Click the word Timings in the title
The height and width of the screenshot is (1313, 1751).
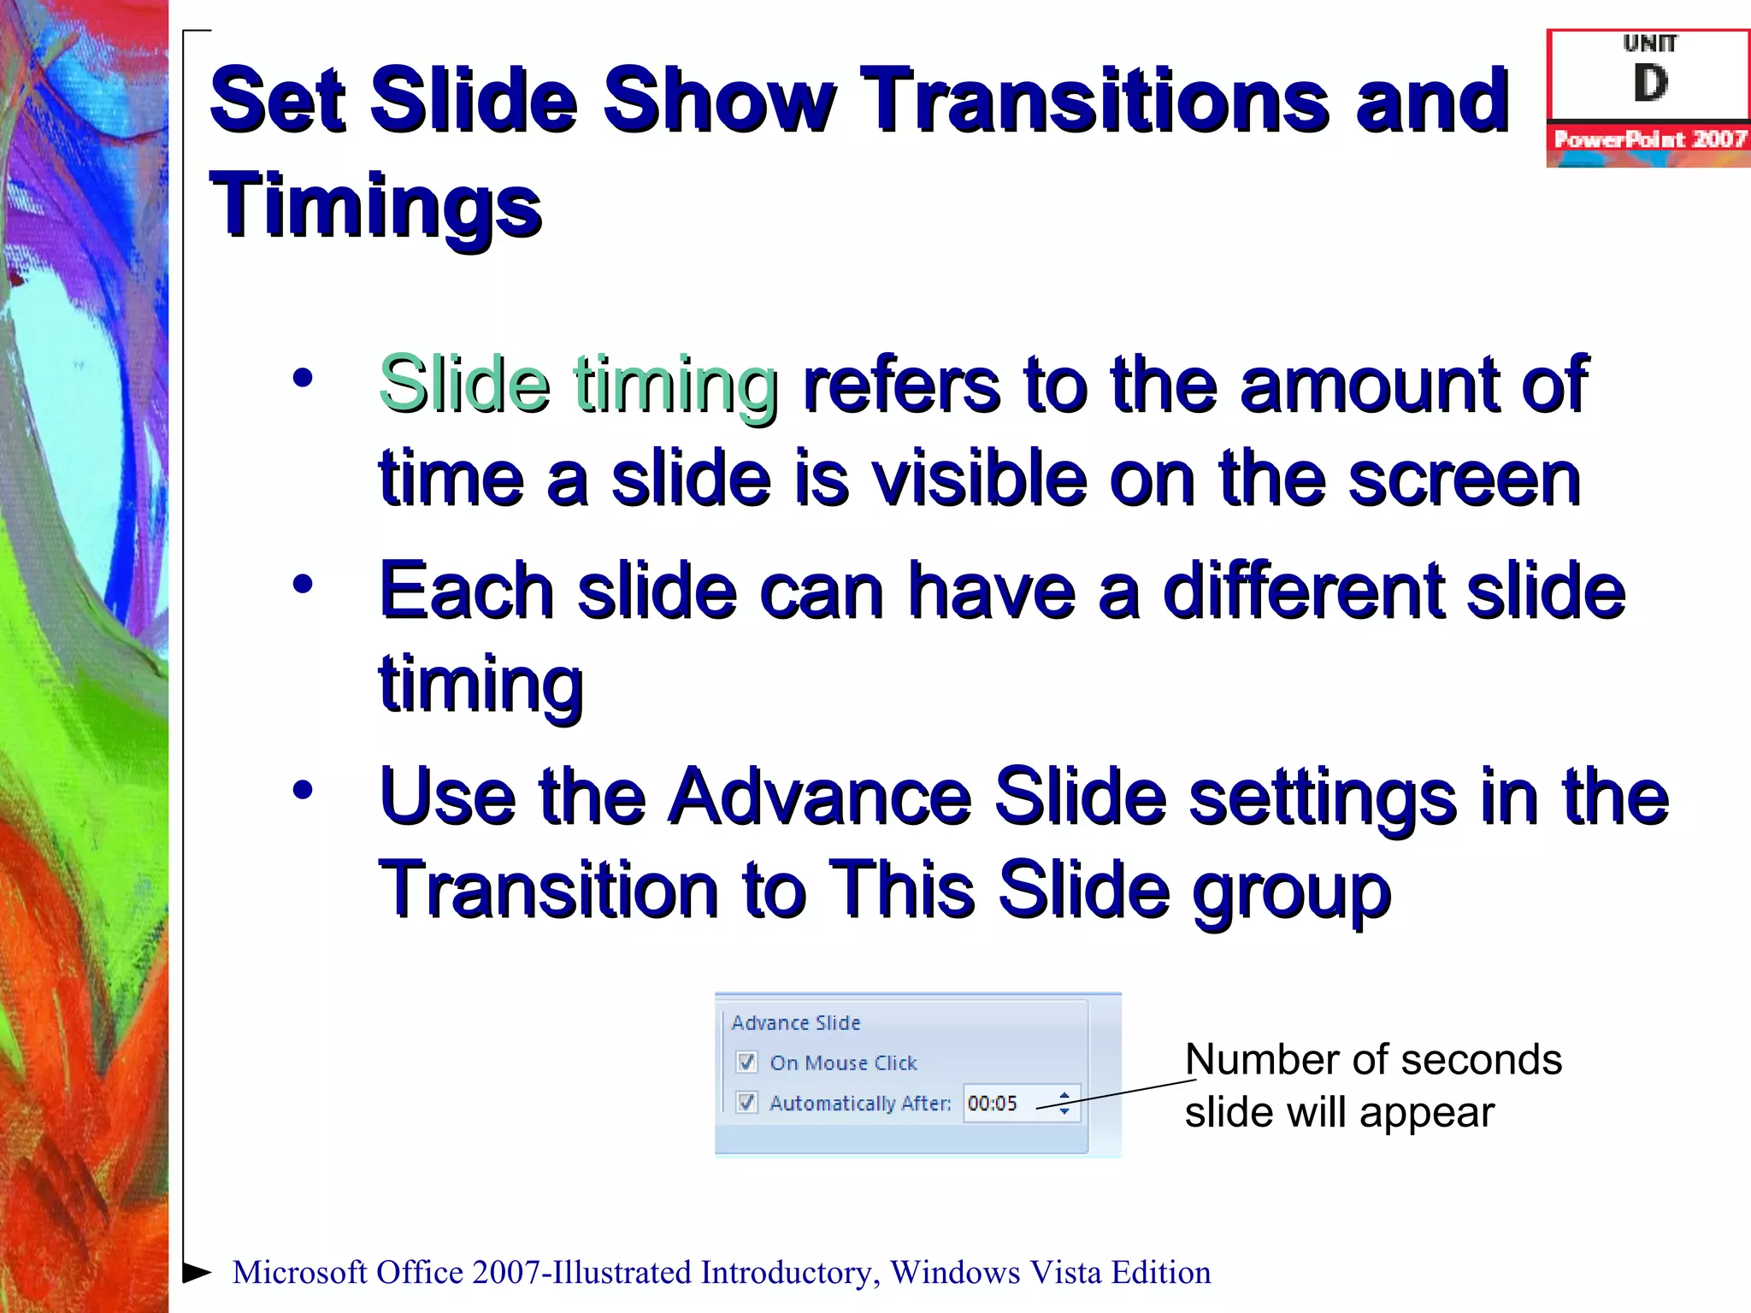point(375,205)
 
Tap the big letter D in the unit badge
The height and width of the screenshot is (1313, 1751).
point(1650,84)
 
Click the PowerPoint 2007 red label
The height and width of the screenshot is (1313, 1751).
point(1649,139)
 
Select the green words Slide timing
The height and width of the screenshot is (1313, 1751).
point(578,385)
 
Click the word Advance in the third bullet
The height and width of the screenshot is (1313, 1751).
point(819,797)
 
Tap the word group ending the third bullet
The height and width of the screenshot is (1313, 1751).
point(1292,891)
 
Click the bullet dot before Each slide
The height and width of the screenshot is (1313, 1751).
point(303,585)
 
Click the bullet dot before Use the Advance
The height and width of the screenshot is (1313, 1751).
point(303,790)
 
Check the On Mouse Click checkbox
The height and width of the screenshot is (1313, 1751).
point(746,1063)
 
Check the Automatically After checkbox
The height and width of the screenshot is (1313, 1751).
point(746,1103)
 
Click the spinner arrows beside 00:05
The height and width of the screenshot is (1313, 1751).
point(1064,1104)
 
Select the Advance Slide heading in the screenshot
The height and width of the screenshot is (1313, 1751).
point(795,1023)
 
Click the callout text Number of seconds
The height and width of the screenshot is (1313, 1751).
point(1372,1060)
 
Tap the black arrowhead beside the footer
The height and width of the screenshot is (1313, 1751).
point(197,1272)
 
